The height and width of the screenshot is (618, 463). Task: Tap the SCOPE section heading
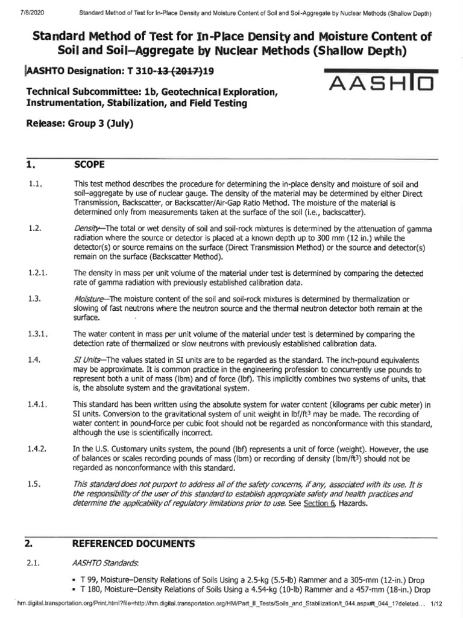click(x=89, y=164)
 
